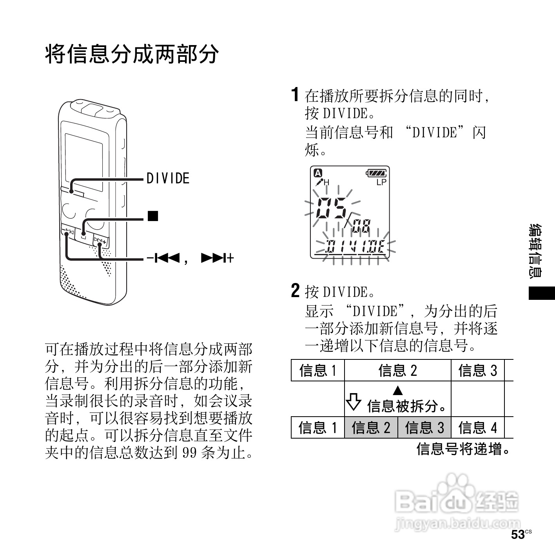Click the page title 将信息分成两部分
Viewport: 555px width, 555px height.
click(132, 54)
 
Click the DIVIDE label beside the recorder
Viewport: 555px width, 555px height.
click(168, 179)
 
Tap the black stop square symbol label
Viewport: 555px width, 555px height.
click(152, 216)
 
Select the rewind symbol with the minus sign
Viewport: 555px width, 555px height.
click(163, 258)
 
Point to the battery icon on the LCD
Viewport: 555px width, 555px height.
click(376, 173)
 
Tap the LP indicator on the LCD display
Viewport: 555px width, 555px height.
click(381, 182)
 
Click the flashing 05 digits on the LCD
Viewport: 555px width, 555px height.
click(331, 209)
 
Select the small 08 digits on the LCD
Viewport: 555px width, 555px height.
click(361, 226)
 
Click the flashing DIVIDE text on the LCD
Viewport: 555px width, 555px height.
click(356, 247)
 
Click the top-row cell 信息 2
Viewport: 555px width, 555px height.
click(397, 370)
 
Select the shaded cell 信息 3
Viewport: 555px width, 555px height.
click(424, 427)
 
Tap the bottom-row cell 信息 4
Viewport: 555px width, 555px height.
click(477, 427)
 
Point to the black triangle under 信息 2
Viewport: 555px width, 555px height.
click(398, 390)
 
